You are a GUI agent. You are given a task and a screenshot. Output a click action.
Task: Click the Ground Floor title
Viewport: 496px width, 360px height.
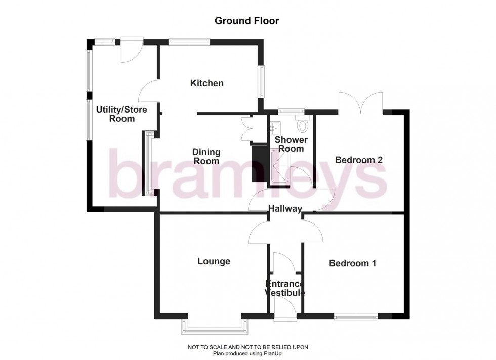tap(247, 21)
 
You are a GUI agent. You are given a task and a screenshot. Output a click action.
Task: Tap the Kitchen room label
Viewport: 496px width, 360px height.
tap(206, 83)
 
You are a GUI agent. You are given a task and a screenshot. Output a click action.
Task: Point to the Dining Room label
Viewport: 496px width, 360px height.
tap(206, 157)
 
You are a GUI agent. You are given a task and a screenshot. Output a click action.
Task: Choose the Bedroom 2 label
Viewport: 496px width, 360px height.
tap(358, 160)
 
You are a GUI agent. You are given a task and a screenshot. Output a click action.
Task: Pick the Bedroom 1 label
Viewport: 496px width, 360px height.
tap(352, 263)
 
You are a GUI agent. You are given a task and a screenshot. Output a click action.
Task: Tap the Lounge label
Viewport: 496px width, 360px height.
tap(214, 261)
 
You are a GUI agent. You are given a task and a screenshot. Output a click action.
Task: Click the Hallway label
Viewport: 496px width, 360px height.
tap(285, 209)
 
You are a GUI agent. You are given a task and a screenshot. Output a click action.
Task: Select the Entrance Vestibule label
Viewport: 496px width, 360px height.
tap(285, 288)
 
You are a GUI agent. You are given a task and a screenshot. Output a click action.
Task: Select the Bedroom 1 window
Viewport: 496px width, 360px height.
tap(355, 317)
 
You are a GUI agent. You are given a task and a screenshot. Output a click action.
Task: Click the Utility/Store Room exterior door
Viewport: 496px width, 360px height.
tap(131, 50)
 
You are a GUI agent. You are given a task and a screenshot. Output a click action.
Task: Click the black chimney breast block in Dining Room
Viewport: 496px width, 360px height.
tap(259, 162)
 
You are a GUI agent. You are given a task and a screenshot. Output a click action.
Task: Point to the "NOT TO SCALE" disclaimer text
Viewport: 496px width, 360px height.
tap(247, 347)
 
